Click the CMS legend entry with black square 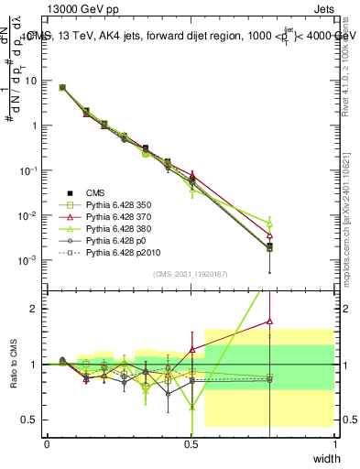(97, 192)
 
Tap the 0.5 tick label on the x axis (191, 444)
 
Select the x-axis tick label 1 (335, 444)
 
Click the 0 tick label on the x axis (47, 444)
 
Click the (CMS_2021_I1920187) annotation (191, 274)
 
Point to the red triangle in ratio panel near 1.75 (269, 322)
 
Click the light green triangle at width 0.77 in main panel (269, 223)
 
